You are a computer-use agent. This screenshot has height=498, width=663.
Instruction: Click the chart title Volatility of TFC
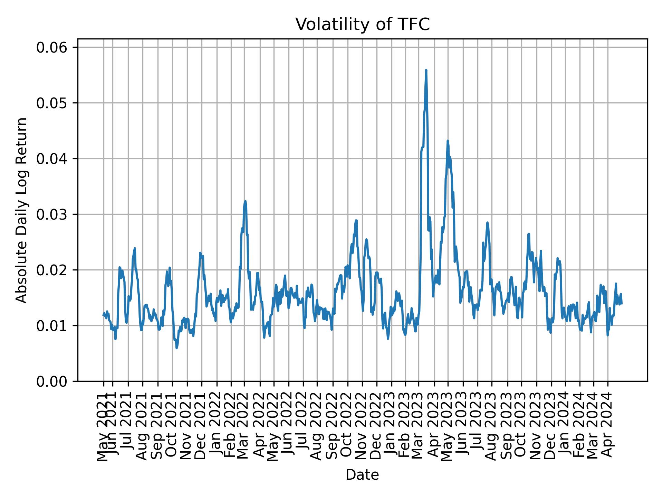point(362,25)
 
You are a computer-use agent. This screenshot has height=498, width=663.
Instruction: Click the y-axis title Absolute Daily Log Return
point(22,210)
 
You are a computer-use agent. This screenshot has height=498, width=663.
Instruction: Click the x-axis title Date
point(362,475)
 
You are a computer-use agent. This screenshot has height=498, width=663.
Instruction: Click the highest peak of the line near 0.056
point(426,70)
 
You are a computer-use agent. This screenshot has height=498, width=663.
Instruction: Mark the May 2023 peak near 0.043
point(448,141)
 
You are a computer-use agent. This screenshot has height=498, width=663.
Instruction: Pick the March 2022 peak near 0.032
point(245,201)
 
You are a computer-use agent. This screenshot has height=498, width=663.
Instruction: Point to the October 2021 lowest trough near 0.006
point(176,348)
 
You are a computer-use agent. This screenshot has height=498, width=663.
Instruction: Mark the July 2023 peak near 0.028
point(487,223)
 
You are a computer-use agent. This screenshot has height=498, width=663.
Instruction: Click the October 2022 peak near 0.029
point(356,220)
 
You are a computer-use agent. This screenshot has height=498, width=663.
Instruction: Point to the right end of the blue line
point(622,304)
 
